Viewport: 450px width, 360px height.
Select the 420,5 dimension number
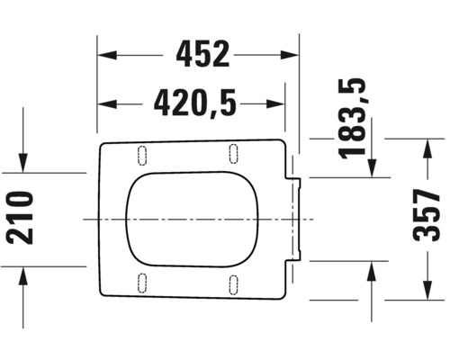[x=194, y=104]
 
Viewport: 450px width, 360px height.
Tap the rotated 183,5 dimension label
[x=356, y=117]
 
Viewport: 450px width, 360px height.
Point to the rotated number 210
[x=21, y=218]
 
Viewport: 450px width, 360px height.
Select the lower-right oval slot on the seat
[x=233, y=283]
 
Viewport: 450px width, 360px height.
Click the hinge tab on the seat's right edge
[x=293, y=218]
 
